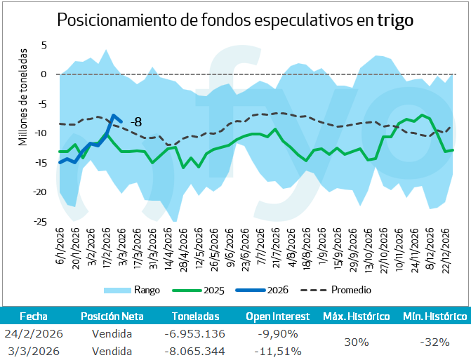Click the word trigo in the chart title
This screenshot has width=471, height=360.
(395, 20)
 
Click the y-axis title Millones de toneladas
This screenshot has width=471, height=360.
(23, 97)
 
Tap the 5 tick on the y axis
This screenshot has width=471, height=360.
(43, 45)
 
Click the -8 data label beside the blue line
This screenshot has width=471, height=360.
(135, 121)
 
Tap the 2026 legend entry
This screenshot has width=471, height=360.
(278, 290)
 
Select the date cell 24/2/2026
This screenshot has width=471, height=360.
(34, 333)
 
